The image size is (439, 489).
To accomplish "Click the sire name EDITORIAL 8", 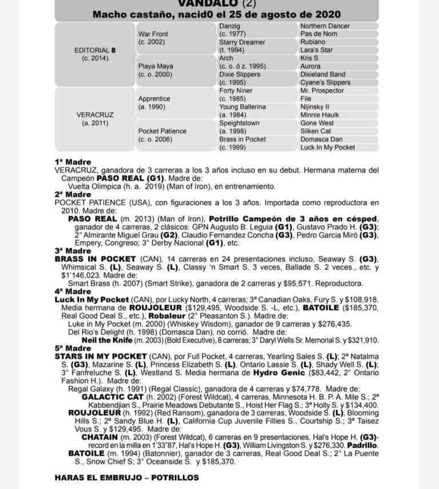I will (95, 50).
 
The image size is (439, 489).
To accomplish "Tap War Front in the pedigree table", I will (153, 34).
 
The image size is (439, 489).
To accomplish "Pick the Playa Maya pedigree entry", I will (155, 66).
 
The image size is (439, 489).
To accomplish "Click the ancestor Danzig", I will (230, 26).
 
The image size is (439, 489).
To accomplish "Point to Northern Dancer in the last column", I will (325, 26).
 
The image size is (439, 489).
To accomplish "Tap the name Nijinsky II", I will (314, 107).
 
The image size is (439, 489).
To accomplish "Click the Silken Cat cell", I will (316, 131).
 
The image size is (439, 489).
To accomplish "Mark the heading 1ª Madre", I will (73, 162).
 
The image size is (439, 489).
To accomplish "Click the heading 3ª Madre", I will (73, 250).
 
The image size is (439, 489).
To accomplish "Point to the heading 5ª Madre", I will (73, 348).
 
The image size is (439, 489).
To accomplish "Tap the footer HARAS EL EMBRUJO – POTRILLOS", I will (127, 478).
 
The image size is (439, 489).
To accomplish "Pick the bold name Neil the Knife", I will (109, 340).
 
